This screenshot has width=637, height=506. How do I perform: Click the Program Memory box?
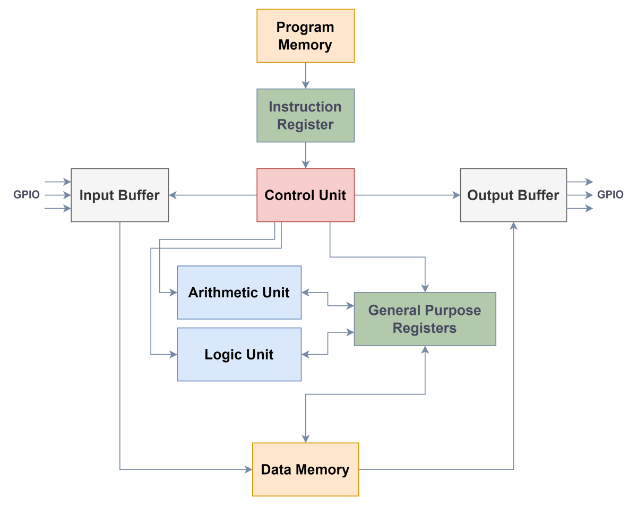pos(305,36)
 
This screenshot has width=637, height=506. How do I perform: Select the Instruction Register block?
pos(305,115)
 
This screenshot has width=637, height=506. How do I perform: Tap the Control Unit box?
pos(305,195)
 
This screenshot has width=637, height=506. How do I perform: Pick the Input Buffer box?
pos(119,195)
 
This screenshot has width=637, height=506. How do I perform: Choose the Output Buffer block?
pos(513,195)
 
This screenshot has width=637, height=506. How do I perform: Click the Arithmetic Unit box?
pos(239,293)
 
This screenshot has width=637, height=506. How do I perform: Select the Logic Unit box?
pos(239,354)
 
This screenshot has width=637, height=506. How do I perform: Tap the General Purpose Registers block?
pos(425,319)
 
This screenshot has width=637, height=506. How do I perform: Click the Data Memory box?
pos(305,469)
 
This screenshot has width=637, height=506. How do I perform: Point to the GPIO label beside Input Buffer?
pos(27,195)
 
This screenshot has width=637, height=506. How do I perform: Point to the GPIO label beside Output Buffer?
pos(610,195)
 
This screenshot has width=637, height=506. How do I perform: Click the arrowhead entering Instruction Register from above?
pos(305,84)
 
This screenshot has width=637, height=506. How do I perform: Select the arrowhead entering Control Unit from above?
pos(305,164)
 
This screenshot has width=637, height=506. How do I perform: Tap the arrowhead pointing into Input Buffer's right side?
pos(173,195)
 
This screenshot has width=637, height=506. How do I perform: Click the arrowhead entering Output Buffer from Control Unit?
pos(456,195)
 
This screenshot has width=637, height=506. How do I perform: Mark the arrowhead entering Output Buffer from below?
pos(513,226)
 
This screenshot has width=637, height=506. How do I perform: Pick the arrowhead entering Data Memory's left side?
pos(248,469)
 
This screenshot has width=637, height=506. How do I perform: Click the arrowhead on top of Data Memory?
pos(305,439)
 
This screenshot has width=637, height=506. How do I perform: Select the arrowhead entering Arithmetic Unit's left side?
pos(173,293)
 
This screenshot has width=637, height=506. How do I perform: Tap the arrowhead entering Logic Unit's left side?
pos(173,354)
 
